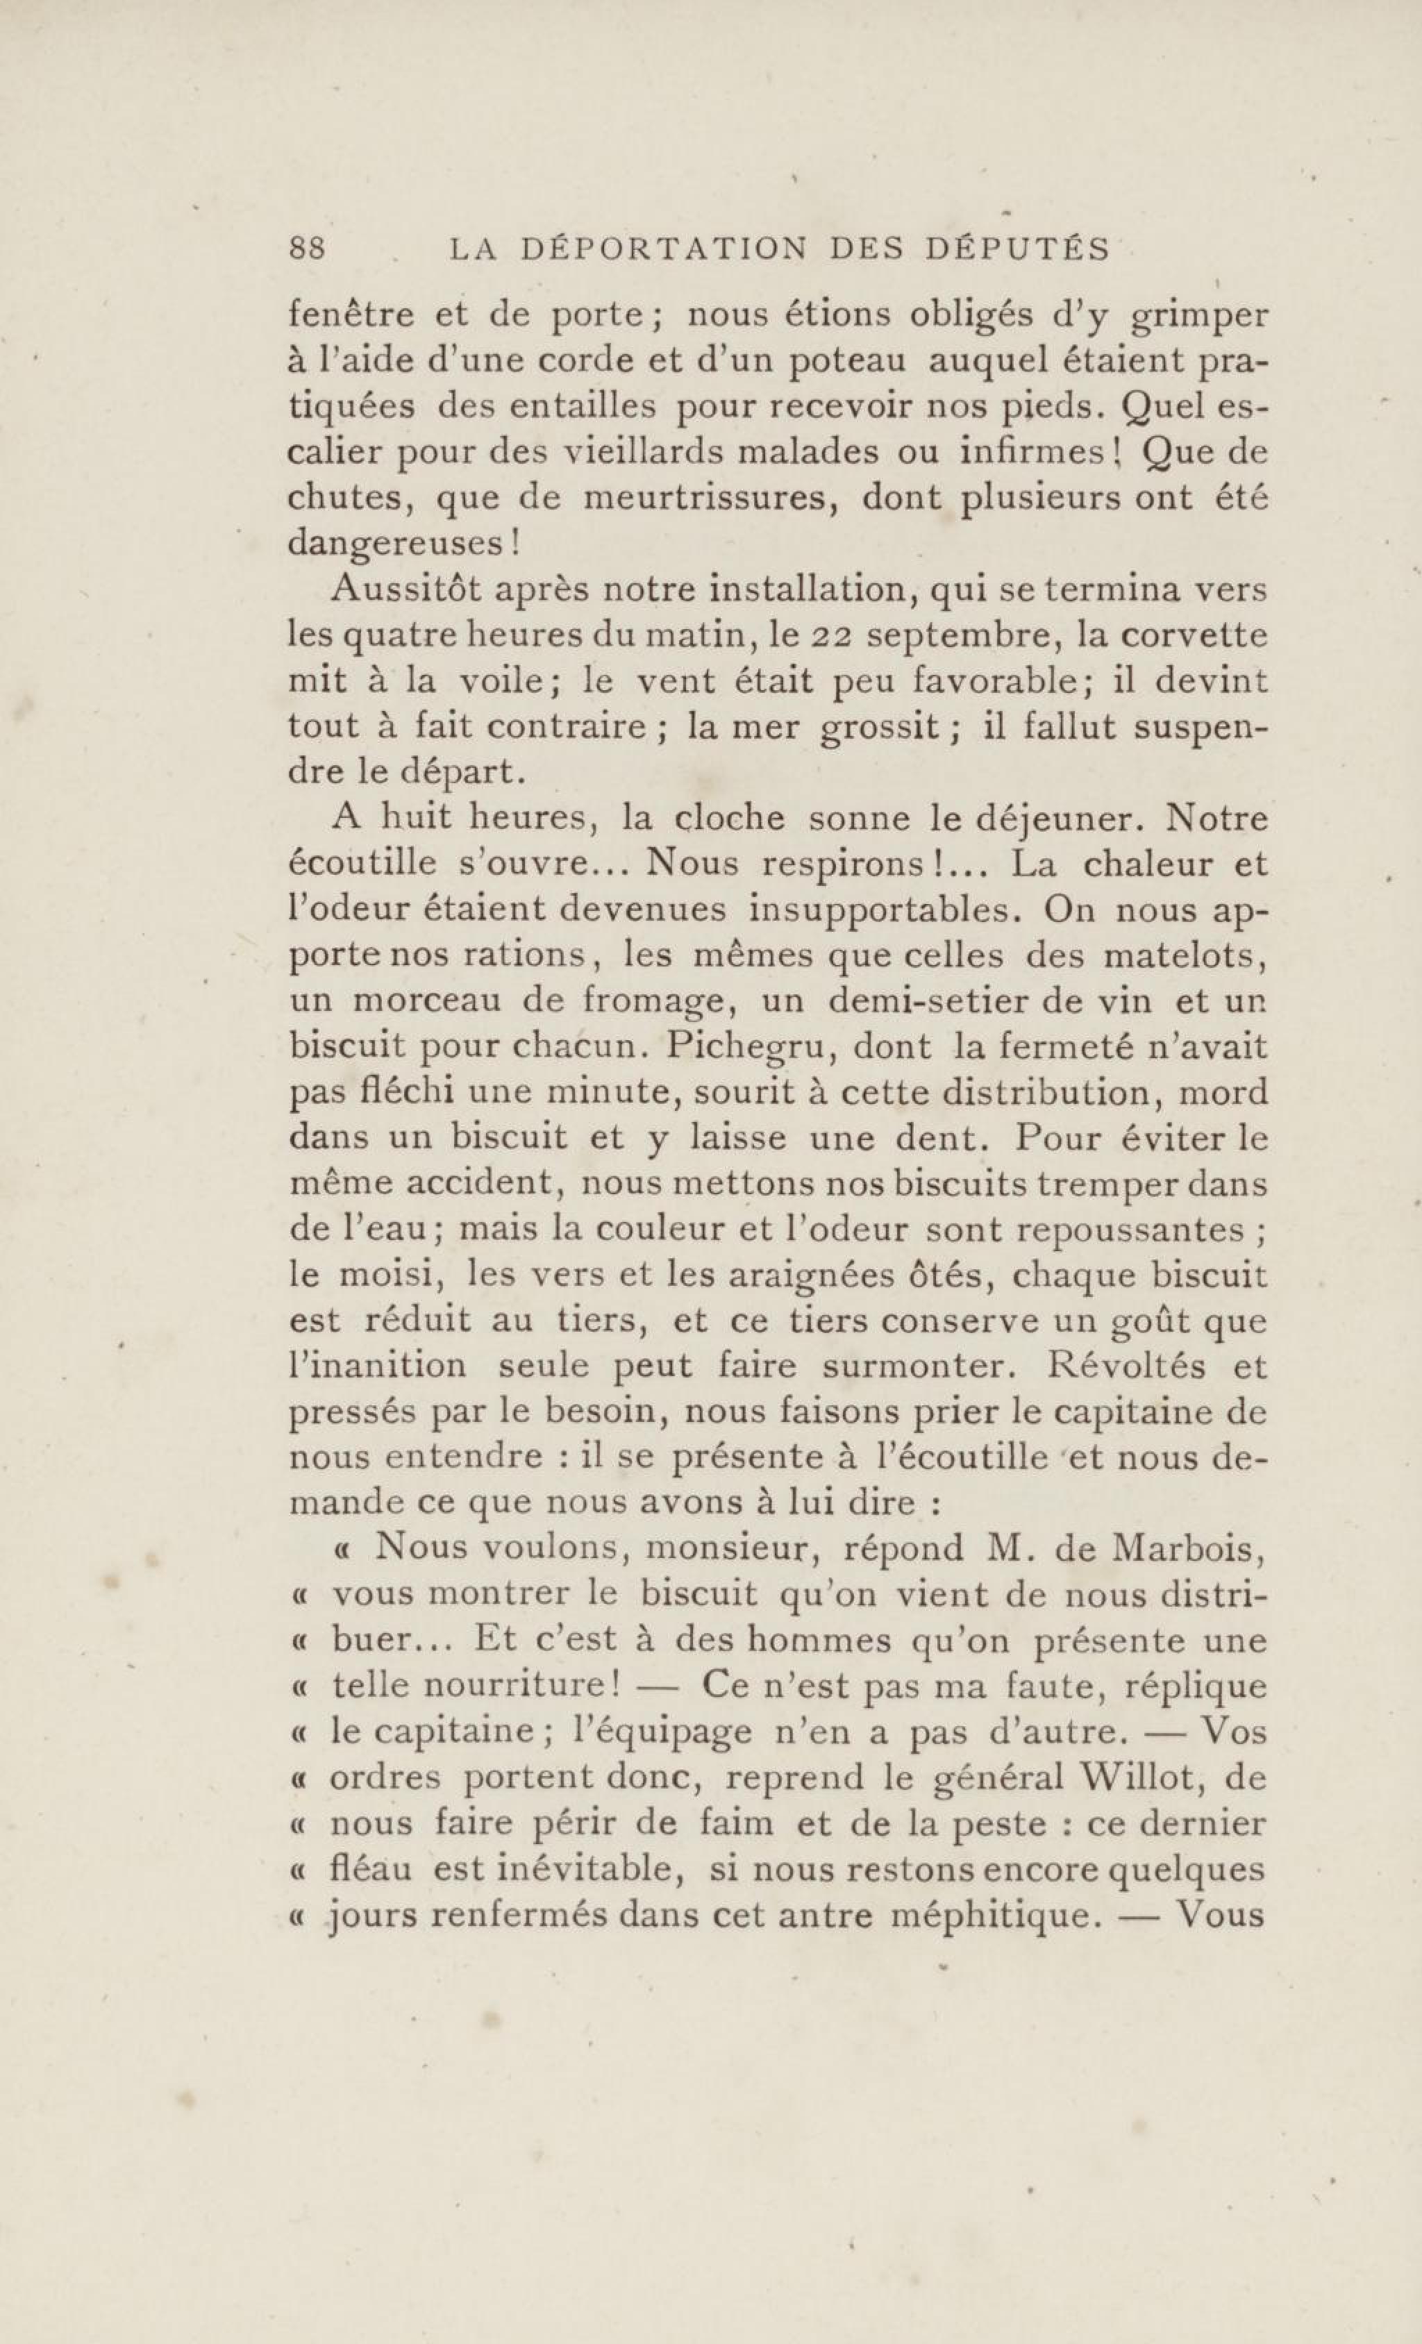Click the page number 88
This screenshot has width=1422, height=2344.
pyautogui.click(x=307, y=249)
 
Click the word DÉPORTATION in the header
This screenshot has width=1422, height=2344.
pyautogui.click(x=664, y=249)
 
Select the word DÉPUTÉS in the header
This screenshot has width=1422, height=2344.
pyautogui.click(x=1018, y=249)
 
